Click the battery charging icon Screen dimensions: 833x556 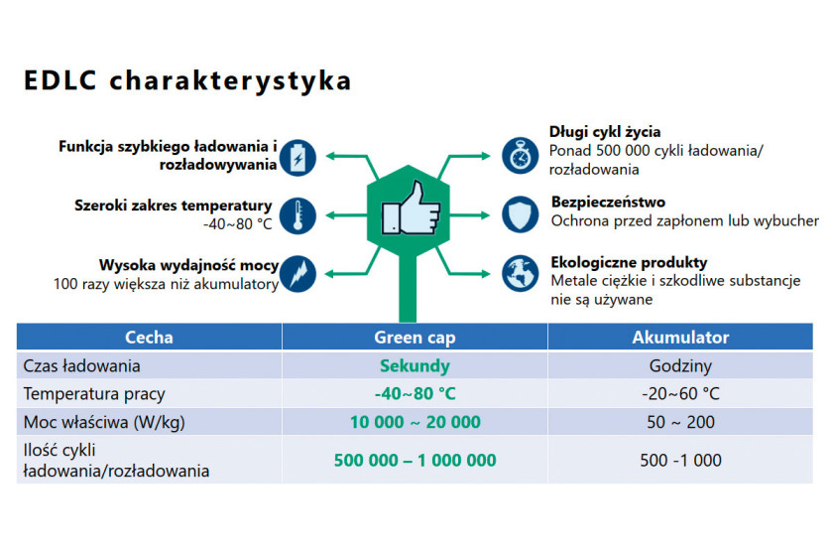297,158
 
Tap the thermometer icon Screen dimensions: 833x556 297,215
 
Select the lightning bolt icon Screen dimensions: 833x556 297,274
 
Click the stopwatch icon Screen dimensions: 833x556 520,155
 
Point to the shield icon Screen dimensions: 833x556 520,214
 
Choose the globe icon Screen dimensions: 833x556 520,273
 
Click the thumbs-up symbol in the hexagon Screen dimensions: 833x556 411,208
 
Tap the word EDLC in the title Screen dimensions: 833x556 60,80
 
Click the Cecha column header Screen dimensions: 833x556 149,338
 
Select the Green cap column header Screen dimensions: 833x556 415,338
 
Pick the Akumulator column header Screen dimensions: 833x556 680,338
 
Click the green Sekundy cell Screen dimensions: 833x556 415,366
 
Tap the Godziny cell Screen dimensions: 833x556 680,366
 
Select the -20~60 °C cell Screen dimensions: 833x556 680,394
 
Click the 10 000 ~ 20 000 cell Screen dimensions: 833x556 415,422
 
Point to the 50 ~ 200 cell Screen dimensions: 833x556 680,422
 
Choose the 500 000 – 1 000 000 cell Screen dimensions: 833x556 415,461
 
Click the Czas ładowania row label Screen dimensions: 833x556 81,366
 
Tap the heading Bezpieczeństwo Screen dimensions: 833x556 608,203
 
